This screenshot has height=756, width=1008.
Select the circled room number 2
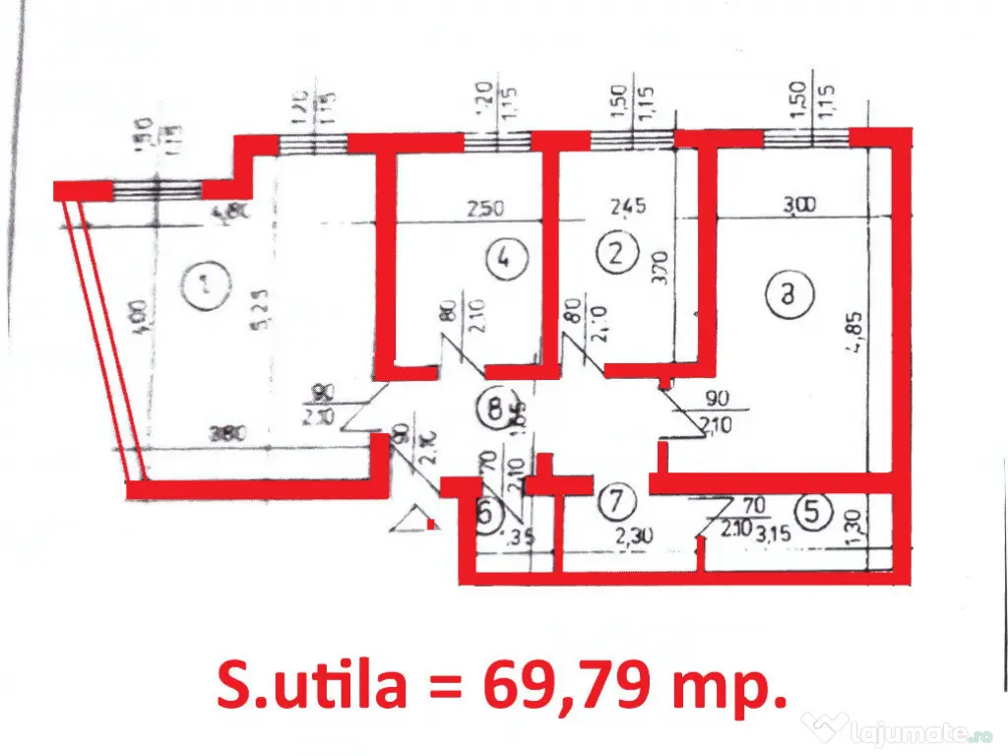[x=616, y=254]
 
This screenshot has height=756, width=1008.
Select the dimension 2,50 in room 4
[x=484, y=209]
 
